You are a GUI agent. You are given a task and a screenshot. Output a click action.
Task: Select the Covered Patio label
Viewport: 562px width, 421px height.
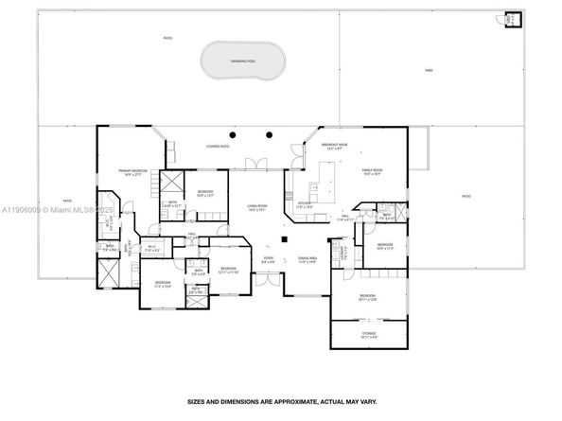pyautogui.click(x=221, y=146)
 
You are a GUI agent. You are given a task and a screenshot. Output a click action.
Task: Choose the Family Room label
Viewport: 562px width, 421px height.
pyautogui.click(x=370, y=171)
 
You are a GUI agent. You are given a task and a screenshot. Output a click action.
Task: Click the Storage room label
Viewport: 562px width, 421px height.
pyautogui.click(x=368, y=334)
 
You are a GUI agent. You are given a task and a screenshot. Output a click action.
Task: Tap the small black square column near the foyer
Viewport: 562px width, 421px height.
pyautogui.click(x=270, y=239)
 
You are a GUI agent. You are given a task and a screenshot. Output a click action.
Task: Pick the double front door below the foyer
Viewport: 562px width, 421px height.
pyautogui.click(x=268, y=279)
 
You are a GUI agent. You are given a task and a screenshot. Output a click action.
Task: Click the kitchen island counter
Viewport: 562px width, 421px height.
pyautogui.click(x=327, y=175)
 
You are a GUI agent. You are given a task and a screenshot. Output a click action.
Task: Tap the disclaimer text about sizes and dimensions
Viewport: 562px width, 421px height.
pyautogui.click(x=281, y=401)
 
